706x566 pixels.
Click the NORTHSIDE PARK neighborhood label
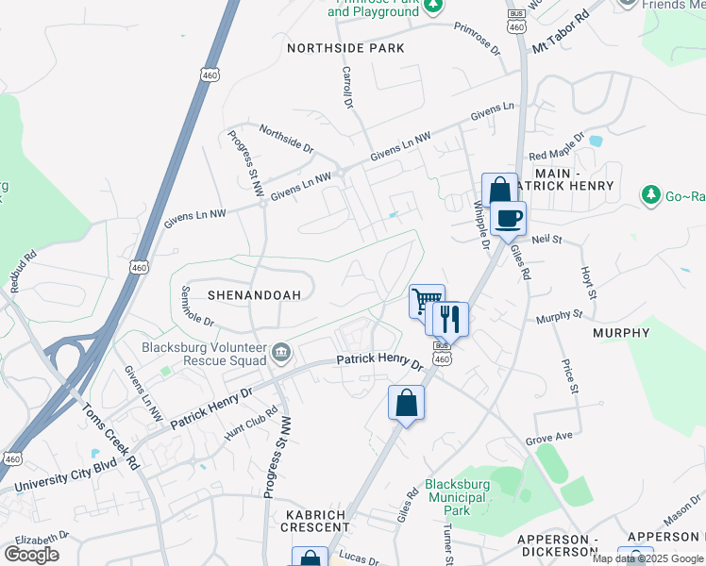click(x=345, y=48)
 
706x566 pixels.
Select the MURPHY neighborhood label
click(x=621, y=333)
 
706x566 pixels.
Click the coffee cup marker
click(x=508, y=219)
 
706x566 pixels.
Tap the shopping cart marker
click(x=427, y=302)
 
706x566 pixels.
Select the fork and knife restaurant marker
click(x=449, y=320)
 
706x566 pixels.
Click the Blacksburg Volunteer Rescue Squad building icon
click(x=281, y=354)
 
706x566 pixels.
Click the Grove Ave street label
click(x=549, y=439)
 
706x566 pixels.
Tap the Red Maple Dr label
click(x=550, y=155)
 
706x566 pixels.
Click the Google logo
click(x=31, y=555)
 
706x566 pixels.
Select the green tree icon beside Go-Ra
click(x=649, y=195)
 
